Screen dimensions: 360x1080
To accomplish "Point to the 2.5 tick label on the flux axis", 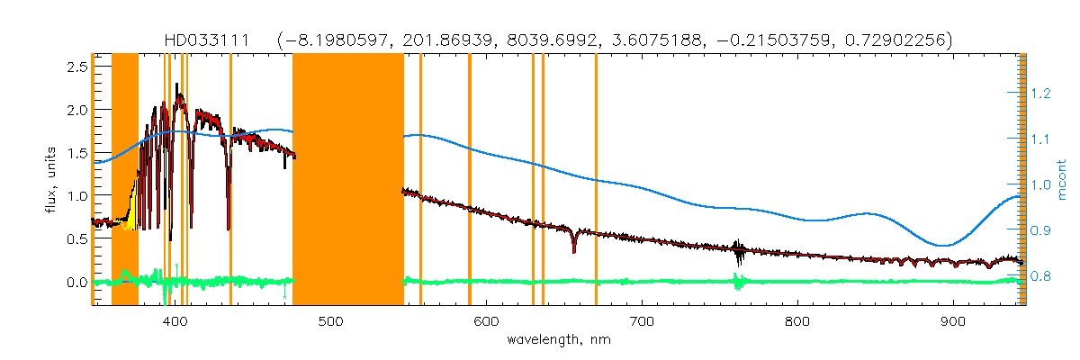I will (x=76, y=67).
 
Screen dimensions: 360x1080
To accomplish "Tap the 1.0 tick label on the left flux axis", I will (x=76, y=196).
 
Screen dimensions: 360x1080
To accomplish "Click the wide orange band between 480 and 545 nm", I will (x=348, y=180).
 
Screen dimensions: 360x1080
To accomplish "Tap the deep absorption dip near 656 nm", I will (x=573, y=248).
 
